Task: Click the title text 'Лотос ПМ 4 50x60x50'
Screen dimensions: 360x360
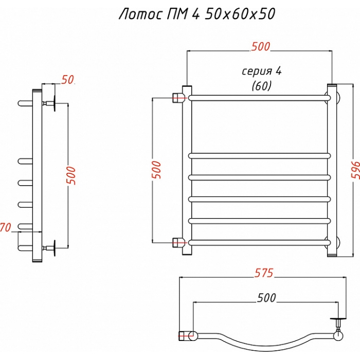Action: pos(197,14)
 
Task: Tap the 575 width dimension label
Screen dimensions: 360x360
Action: pos(264,273)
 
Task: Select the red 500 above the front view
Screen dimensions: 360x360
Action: pos(261,47)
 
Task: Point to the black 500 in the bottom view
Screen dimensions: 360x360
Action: pos(266,298)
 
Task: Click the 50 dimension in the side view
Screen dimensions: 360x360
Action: pos(67,80)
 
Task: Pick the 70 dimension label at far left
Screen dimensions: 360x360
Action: pos(6,227)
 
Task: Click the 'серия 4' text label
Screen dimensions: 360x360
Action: pos(262,71)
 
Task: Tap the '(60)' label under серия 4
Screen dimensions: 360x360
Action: pos(261,86)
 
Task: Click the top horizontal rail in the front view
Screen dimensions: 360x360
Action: pos(259,98)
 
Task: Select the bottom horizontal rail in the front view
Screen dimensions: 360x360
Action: pos(259,243)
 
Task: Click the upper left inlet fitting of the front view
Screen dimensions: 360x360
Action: pos(179,98)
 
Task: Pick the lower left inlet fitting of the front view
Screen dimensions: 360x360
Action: pos(179,243)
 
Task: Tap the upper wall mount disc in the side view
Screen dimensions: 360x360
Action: pos(55,103)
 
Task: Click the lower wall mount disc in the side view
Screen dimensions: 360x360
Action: pos(55,248)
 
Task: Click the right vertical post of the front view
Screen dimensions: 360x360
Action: pos(332,170)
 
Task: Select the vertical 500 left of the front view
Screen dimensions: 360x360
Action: pos(156,170)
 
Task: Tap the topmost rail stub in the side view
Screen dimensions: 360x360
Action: pos(25,103)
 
